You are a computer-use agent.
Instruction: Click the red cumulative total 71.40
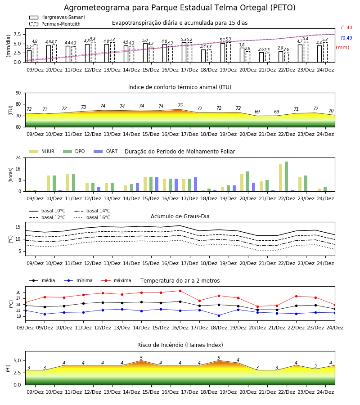(x=346, y=27)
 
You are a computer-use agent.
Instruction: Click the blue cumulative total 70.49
(x=346, y=38)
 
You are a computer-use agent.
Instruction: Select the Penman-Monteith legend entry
(x=55, y=24)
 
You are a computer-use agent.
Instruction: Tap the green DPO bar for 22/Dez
(x=286, y=176)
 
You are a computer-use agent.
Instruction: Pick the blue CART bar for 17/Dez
(x=195, y=184)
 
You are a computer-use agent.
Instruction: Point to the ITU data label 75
(x=180, y=105)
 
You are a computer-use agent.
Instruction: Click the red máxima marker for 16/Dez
(x=180, y=291)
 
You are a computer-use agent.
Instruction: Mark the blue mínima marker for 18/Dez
(x=219, y=315)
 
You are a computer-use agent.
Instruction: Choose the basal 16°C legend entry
(x=92, y=217)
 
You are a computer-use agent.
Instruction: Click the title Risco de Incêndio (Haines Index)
(x=180, y=345)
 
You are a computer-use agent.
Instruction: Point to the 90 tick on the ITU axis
(x=18, y=93)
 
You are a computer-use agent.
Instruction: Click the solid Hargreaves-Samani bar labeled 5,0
(x=145, y=53)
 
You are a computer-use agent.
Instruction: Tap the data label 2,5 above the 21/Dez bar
(x=267, y=49)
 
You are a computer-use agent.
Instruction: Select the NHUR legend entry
(x=42, y=151)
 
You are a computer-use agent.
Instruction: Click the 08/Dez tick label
(x=25, y=328)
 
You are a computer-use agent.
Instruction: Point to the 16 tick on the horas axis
(x=18, y=169)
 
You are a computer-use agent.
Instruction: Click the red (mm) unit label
(x=343, y=48)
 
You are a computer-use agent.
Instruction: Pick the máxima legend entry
(x=116, y=280)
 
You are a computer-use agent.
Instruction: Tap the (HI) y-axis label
(x=8, y=368)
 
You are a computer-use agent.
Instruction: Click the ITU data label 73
(x=83, y=107)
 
